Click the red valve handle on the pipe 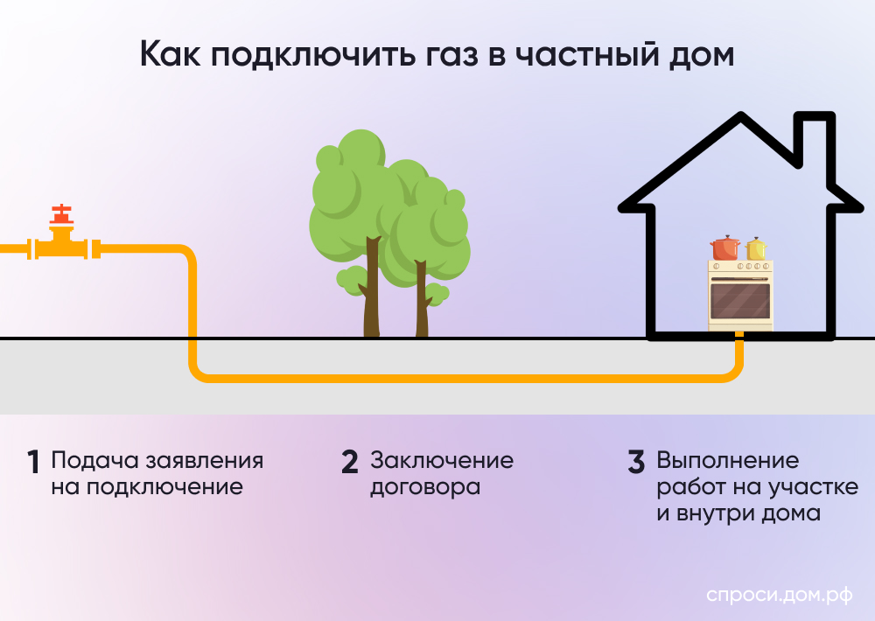click(61, 213)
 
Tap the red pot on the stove click(725, 249)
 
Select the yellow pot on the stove click(756, 250)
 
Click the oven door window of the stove click(740, 300)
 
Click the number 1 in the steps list click(34, 462)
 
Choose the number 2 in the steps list click(350, 462)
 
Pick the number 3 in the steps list click(636, 462)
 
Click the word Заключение click(442, 460)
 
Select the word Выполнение click(728, 460)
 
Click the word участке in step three click(810, 487)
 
